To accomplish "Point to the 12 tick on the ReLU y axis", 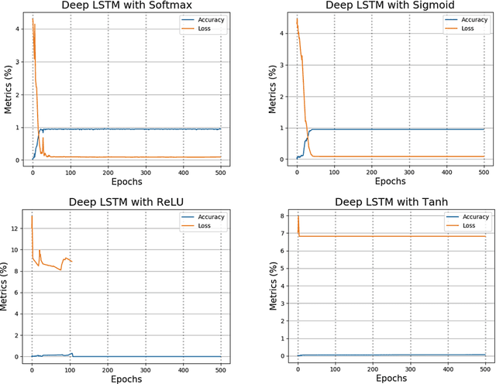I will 16,228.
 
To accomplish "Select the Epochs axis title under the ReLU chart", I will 126,379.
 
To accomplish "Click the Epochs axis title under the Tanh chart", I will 390,379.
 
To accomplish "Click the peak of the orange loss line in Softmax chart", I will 33,18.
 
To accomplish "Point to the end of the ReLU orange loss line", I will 72,262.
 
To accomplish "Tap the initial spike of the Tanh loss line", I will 298,216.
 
